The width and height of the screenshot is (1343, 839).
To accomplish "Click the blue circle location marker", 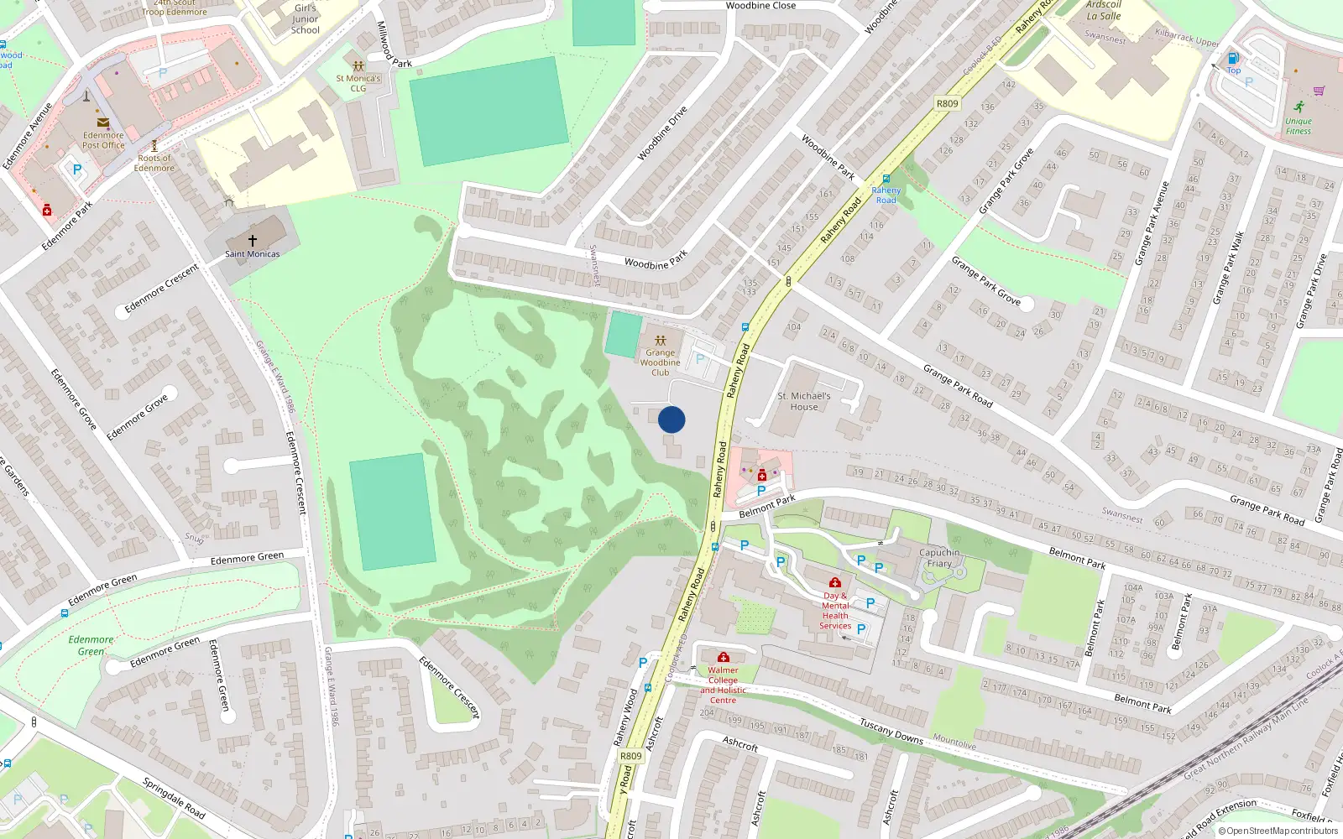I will click(x=671, y=419).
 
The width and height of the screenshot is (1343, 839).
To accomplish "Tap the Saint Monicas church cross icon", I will click(x=252, y=240).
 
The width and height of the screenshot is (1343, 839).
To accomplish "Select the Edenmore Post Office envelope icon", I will click(x=103, y=122).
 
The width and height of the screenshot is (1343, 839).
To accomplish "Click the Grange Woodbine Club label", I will click(x=661, y=362).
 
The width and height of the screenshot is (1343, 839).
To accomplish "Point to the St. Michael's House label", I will click(x=804, y=401).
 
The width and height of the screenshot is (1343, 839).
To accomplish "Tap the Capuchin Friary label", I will click(x=939, y=558).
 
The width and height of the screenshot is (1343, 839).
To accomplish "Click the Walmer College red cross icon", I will click(x=724, y=657).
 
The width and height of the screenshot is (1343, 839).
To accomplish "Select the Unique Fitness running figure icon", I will click(x=1299, y=107).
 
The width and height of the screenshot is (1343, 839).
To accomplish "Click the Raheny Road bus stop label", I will click(x=886, y=195).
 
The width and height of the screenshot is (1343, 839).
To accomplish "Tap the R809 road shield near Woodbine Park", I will click(x=947, y=103).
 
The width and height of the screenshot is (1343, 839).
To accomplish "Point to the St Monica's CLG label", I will click(x=358, y=83).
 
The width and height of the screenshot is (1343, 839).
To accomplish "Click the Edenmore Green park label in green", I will click(x=91, y=645).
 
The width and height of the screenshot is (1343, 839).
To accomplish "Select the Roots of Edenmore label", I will click(x=154, y=163).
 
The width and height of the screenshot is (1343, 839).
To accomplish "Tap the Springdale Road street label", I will click(x=174, y=798).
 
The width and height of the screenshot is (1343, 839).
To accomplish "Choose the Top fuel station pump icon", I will click(x=1233, y=58).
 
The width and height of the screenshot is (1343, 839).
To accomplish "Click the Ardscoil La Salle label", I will click(x=1104, y=10).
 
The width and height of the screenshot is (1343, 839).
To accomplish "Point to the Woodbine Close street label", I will click(x=760, y=5).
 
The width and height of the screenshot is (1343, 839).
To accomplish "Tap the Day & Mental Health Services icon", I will click(x=834, y=582).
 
